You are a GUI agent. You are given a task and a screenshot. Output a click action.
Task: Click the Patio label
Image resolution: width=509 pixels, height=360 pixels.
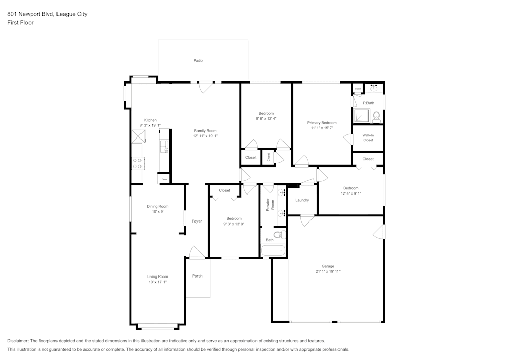[198, 61]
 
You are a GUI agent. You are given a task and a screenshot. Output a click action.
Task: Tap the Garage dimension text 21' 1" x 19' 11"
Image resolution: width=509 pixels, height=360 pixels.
[327, 271]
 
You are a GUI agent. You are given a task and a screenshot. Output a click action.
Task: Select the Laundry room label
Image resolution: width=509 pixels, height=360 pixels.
[302, 200]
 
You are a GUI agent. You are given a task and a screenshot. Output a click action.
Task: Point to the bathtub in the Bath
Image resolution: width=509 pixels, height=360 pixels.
[273, 251]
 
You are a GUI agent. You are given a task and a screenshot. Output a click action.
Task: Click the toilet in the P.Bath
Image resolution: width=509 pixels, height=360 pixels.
[377, 117]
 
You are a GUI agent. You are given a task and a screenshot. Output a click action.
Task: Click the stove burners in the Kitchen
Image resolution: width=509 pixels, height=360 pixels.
[137, 163]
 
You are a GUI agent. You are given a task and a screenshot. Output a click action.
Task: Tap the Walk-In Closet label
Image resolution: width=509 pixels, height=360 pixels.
[368, 137]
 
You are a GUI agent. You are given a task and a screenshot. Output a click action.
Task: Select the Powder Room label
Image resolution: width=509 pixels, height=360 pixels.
[270, 205]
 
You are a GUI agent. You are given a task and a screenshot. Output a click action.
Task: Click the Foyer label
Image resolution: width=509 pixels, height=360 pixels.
[196, 221]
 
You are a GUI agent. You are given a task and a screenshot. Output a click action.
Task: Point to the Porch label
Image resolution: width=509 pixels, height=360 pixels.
[197, 276]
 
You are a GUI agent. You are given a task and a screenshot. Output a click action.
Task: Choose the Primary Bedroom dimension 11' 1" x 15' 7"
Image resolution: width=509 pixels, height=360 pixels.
[322, 128]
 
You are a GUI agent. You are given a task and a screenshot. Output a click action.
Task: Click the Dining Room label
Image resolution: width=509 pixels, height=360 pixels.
[157, 206]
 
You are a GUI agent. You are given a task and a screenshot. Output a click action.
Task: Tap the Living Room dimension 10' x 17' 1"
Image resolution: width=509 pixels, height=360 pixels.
[157, 282]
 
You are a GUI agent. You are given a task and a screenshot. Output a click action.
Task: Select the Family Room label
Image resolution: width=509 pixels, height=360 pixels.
[205, 131]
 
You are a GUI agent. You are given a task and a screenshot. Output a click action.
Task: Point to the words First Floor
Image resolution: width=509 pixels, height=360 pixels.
[20, 23]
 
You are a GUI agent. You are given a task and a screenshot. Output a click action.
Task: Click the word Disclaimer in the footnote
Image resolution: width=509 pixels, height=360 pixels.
[18, 341]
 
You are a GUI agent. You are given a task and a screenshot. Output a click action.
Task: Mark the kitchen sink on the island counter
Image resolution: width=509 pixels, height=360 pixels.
[164, 146]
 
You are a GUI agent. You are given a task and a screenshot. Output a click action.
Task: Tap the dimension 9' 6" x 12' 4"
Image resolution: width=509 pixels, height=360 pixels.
[266, 118]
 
